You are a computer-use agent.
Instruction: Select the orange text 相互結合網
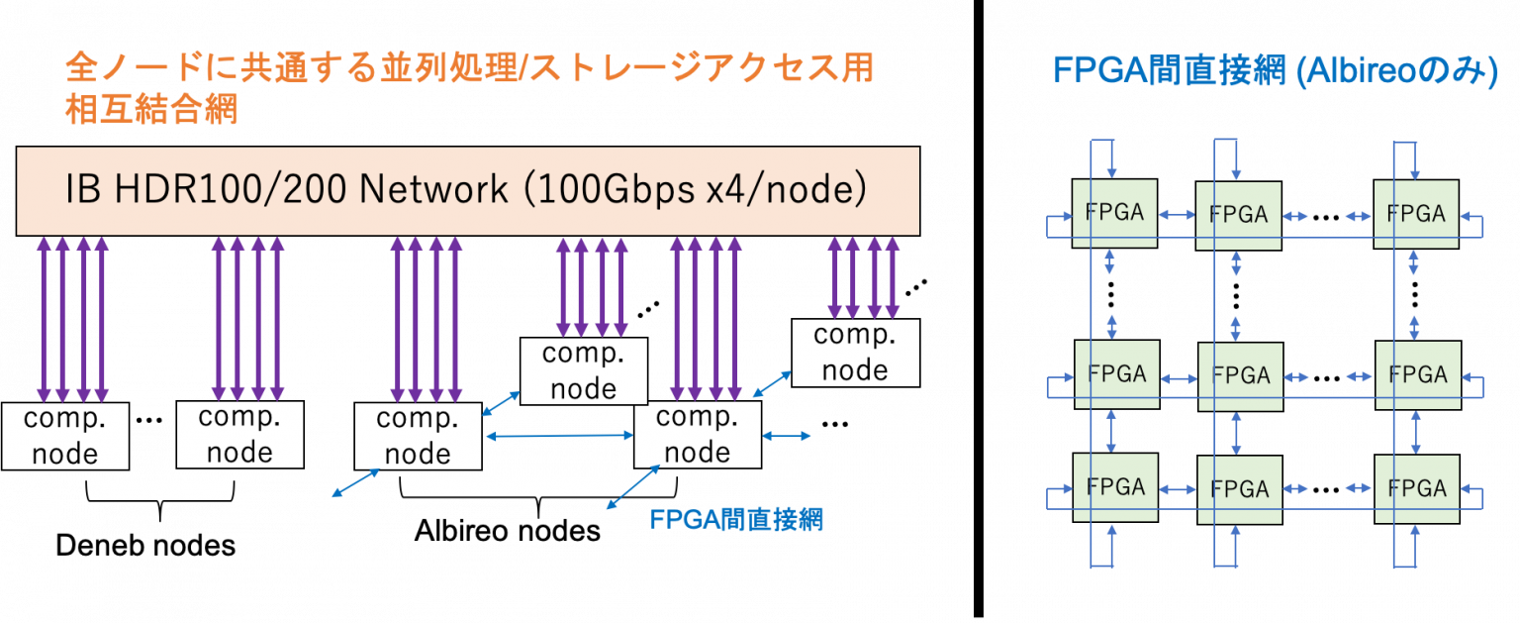[150, 109]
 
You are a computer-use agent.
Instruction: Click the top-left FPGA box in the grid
[1114, 213]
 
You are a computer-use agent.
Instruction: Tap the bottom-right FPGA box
[1417, 488]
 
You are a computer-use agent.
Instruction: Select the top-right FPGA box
[1415, 213]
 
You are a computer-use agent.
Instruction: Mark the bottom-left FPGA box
[1115, 486]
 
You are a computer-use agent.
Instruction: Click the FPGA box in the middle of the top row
[1238, 215]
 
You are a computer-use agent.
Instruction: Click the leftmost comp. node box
[65, 436]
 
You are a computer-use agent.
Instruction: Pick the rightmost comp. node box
[855, 353]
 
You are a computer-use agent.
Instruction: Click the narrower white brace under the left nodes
[160, 491]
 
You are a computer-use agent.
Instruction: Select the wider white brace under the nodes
[538, 488]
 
